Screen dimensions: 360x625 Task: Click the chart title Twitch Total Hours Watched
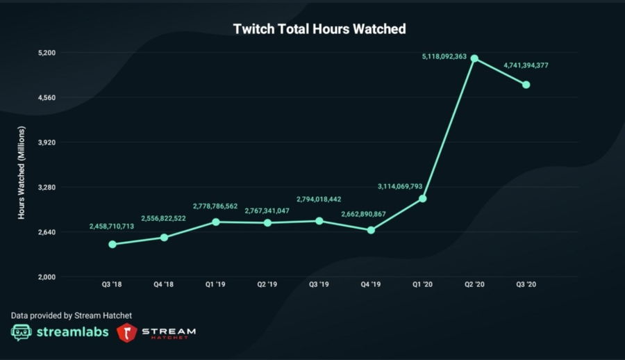click(319, 29)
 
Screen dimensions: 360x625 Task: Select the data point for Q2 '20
click(474, 58)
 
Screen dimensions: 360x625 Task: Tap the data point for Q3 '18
click(112, 244)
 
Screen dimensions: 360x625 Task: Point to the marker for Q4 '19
click(371, 230)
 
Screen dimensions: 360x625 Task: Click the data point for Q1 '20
click(422, 199)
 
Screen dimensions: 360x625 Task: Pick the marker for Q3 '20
click(526, 85)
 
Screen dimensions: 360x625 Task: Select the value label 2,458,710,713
click(112, 227)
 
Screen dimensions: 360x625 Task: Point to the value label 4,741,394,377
click(526, 65)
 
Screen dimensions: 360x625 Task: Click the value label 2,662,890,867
click(369, 213)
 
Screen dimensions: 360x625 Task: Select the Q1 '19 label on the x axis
click(215, 285)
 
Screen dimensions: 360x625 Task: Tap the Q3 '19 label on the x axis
click(319, 285)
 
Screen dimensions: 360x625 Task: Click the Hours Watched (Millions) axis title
click(22, 172)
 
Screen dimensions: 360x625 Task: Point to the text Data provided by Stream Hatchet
click(71, 316)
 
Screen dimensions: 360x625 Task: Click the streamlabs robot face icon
click(22, 332)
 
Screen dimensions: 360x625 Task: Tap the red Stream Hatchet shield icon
click(126, 332)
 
